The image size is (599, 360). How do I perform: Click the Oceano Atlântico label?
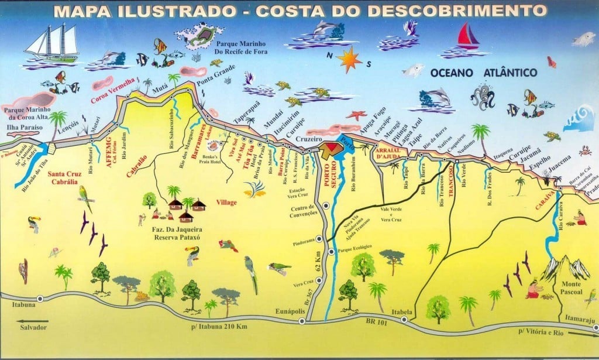(x=475, y=73)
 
